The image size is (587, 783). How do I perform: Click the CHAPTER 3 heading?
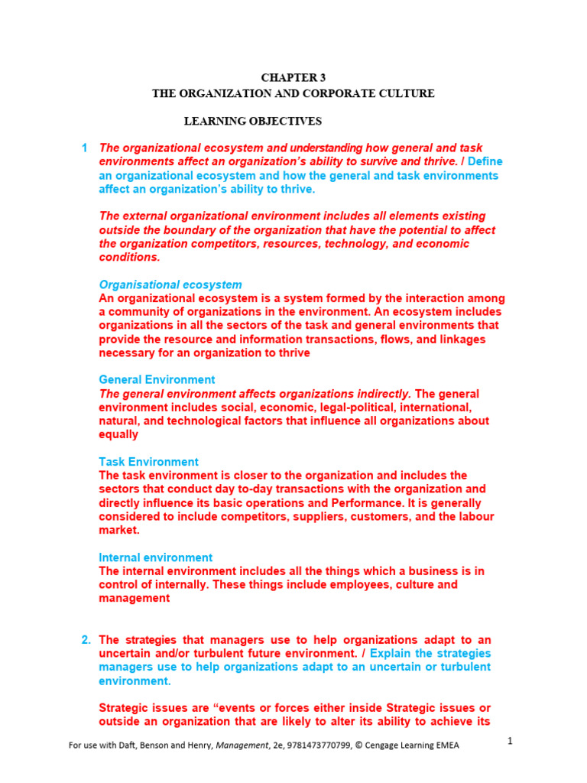(293, 78)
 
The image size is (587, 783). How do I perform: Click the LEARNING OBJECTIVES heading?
(253, 121)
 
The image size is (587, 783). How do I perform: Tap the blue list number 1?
(85, 148)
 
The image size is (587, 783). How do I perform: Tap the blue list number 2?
(86, 639)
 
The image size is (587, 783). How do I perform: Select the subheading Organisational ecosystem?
(170, 284)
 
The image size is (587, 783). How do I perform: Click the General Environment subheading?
(157, 379)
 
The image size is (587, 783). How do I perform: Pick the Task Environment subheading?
(148, 462)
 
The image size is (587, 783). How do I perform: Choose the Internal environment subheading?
(156, 557)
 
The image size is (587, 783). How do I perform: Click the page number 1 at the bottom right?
(510, 742)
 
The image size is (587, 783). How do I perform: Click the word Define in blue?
(485, 161)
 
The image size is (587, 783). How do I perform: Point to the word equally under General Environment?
(118, 434)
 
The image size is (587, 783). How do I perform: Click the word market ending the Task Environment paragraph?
(118, 530)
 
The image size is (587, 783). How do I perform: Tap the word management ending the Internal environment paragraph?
(134, 599)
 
